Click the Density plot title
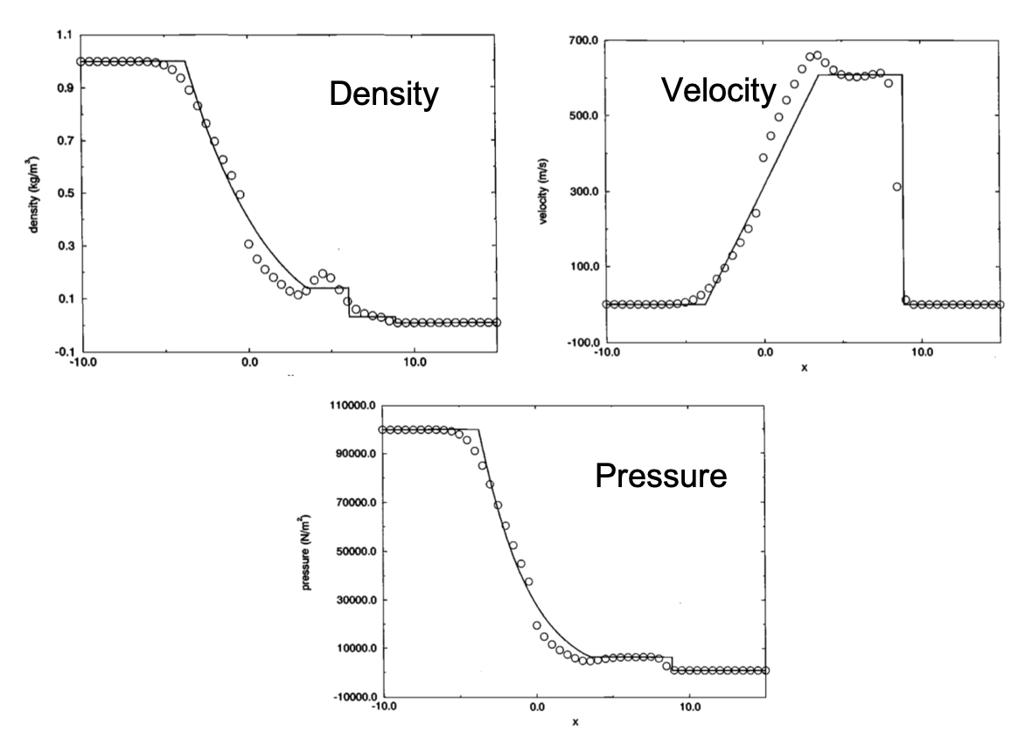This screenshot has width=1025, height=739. pos(383,94)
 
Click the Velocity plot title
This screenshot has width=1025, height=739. pos(718,89)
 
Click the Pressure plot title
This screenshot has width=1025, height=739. pos(660,477)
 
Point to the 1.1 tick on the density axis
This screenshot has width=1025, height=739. pos(63,35)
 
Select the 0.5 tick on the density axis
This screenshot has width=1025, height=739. pos(63,193)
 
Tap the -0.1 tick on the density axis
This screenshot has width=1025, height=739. pos(61,352)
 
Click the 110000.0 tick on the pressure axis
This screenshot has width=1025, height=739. pos(350,406)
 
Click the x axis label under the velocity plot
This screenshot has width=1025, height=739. pos(804,367)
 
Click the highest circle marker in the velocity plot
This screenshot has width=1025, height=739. pos(818,55)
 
